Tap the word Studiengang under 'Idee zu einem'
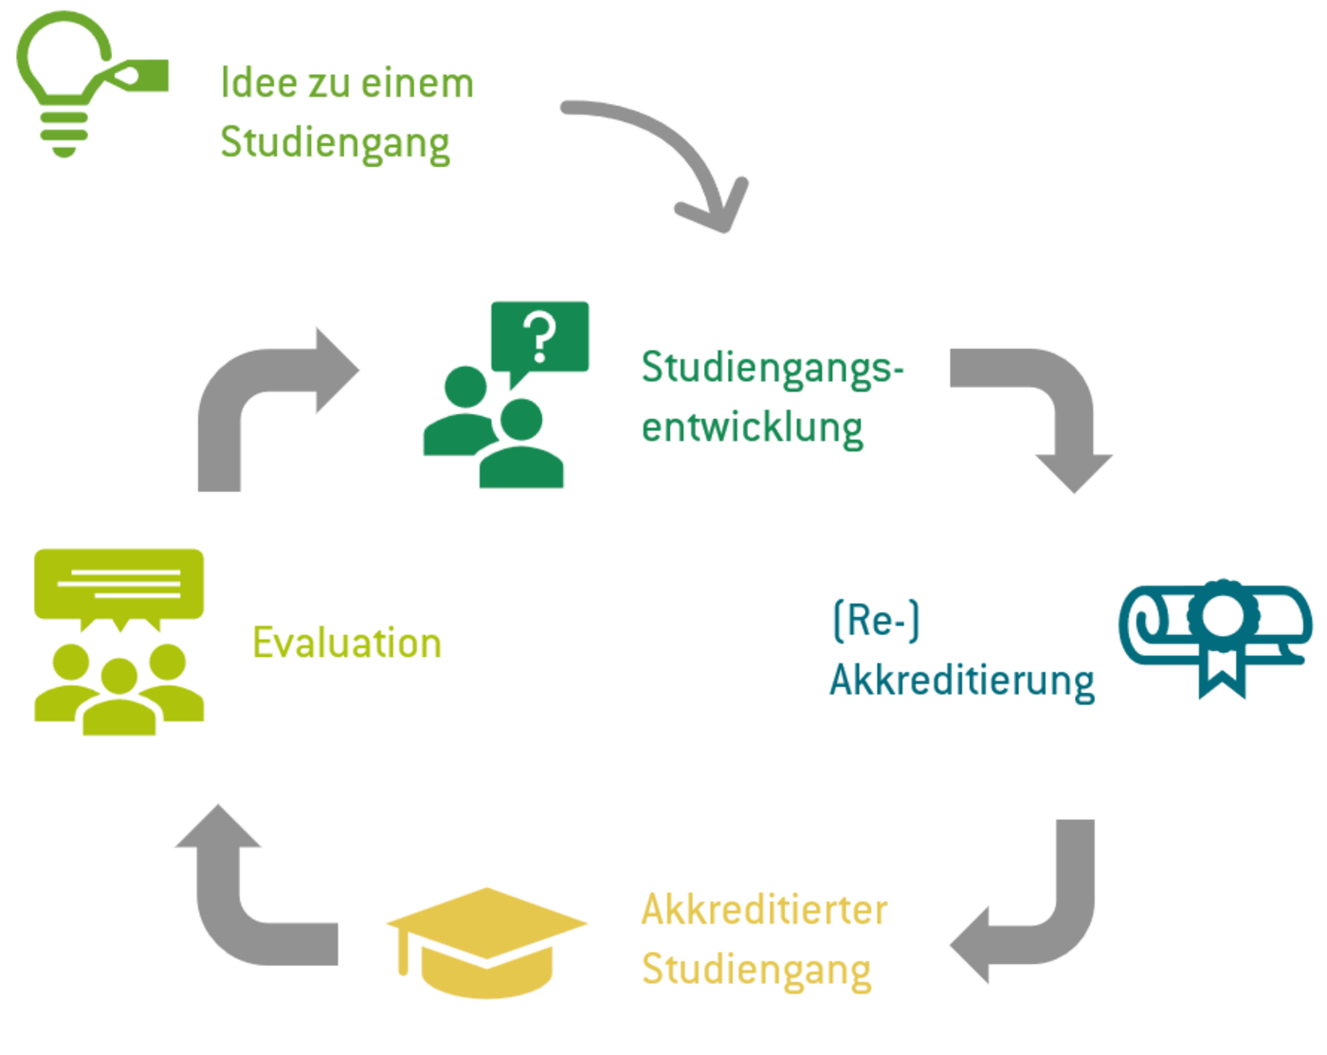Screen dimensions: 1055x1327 [x=335, y=142]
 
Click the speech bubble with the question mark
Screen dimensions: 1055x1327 [x=540, y=337]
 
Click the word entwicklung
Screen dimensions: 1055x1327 [x=752, y=427]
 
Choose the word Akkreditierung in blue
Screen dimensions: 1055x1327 [x=961, y=681]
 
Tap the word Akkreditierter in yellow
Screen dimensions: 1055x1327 [x=764, y=910]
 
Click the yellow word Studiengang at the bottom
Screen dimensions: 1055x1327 [x=755, y=970]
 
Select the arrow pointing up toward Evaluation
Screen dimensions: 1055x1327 [x=237, y=891]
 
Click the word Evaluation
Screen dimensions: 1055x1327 [x=347, y=643]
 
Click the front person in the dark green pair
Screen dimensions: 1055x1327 [x=521, y=450]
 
